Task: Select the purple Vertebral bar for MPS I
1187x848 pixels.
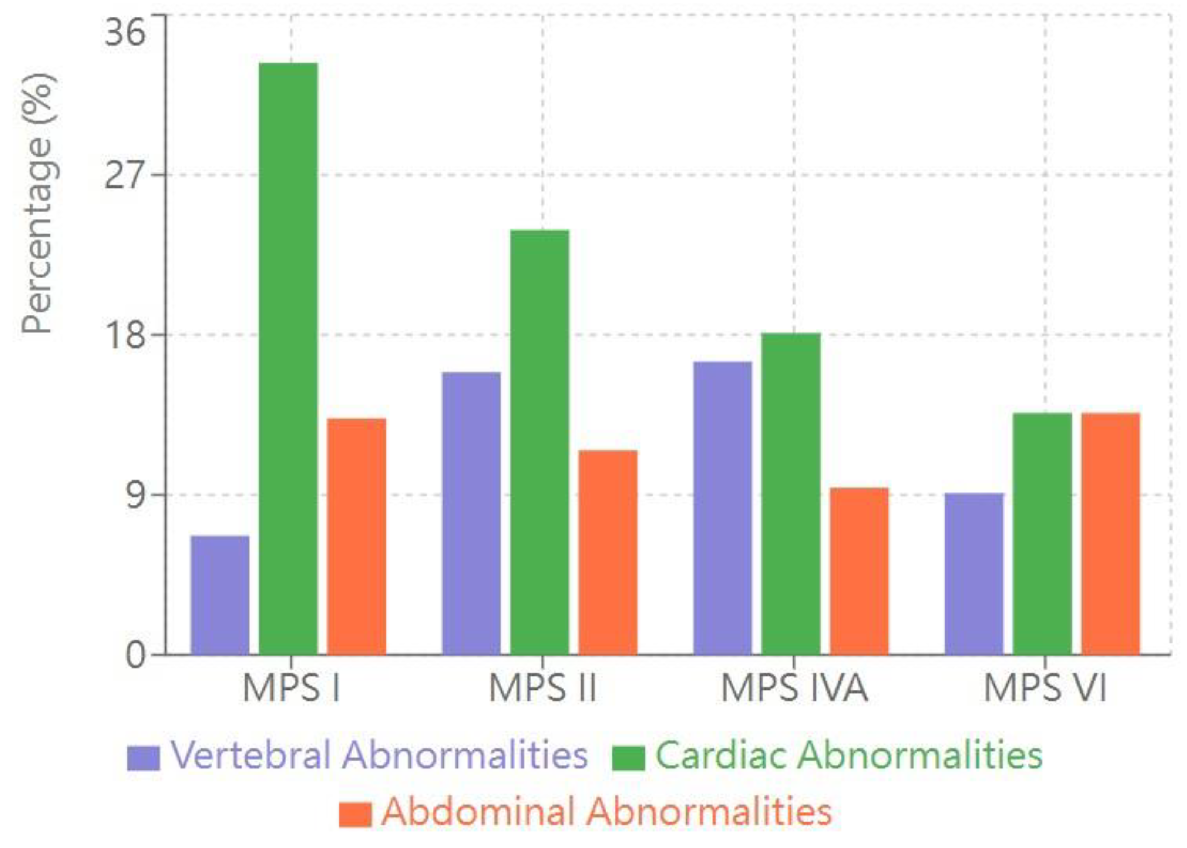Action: point(220,595)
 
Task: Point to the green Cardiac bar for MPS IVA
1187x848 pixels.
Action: point(791,493)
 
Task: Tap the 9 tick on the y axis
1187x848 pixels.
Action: point(135,495)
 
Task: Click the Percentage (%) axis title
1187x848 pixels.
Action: point(38,204)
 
